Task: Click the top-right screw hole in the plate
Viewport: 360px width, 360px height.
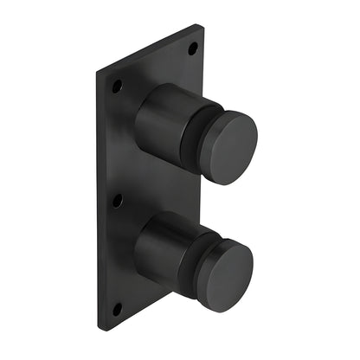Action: pos(192,48)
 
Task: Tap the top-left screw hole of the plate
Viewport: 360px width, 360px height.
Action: pos(117,86)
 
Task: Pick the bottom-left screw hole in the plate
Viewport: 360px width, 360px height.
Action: pos(117,308)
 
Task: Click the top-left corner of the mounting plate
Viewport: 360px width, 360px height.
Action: pos(98,68)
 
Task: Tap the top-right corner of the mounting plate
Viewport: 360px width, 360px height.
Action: pos(203,26)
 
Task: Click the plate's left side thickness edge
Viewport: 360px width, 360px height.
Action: pos(98,199)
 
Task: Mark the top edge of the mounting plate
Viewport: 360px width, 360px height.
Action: pos(151,48)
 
